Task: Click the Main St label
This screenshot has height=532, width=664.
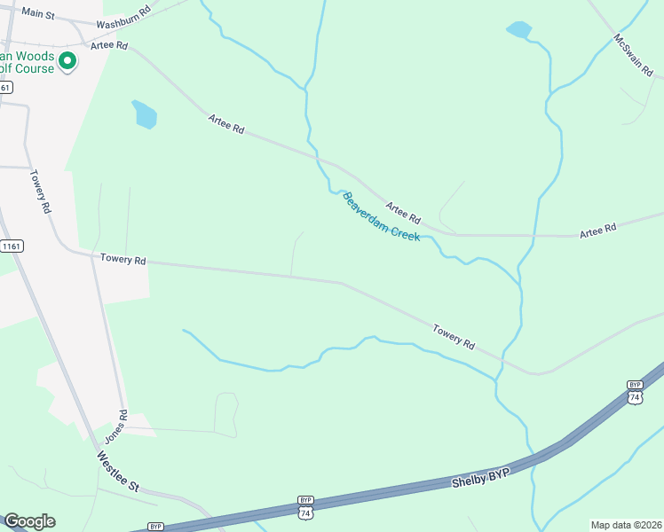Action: [38, 13]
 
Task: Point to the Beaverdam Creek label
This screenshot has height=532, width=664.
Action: [381, 217]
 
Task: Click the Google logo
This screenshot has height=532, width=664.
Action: [29, 521]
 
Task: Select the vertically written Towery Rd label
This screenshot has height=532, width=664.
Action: [41, 192]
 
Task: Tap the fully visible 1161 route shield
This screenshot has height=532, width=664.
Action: [12, 246]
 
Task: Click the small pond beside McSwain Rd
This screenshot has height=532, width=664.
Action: [518, 31]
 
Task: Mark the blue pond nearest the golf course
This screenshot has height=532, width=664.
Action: [144, 114]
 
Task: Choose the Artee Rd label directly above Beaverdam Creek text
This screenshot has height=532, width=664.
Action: [403, 214]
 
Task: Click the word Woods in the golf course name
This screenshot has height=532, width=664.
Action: [35, 57]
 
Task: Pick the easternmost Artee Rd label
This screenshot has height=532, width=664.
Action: [597, 232]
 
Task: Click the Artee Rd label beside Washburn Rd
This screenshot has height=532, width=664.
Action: [109, 44]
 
